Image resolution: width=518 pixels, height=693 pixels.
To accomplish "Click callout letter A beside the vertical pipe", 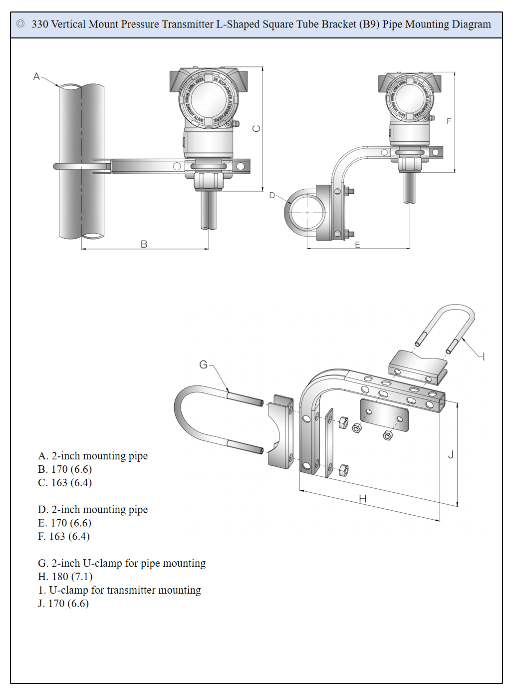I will (36, 76).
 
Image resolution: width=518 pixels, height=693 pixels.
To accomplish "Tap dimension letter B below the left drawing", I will (144, 244).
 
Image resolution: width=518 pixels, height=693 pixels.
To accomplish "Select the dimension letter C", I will (257, 128).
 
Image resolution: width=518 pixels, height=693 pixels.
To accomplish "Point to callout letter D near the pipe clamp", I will (272, 195).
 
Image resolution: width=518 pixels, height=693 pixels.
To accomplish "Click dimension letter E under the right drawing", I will (357, 245).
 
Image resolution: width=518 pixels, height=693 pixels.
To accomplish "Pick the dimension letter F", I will (449, 121).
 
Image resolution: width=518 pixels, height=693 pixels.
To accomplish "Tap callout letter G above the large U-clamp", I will (203, 365).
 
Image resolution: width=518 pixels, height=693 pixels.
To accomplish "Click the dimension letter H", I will (363, 498).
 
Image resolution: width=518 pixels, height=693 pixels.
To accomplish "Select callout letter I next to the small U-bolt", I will (484, 356).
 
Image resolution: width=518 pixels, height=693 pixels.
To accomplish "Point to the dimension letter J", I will (451, 454).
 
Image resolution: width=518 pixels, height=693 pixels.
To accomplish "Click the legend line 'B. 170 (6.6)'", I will (65, 469).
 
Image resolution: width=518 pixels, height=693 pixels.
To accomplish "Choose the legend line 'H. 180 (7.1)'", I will (65, 577).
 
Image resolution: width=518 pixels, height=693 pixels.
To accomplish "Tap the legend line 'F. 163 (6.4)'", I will (64, 536).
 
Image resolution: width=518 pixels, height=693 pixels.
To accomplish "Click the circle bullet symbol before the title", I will (20, 24).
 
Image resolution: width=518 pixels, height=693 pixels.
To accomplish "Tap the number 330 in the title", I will (40, 24).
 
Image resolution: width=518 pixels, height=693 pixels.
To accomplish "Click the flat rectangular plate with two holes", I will (384, 415).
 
